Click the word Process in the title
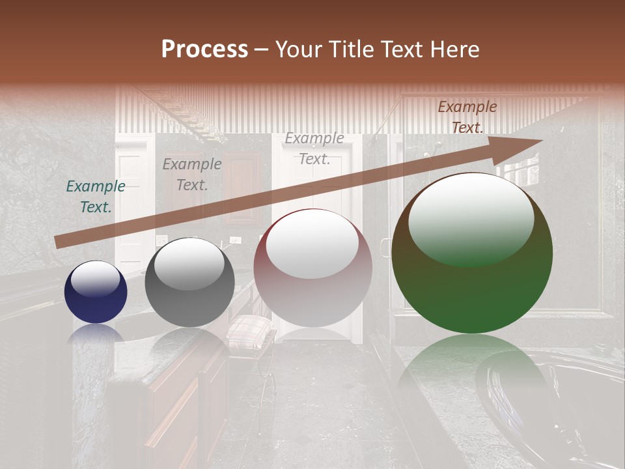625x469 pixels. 204,50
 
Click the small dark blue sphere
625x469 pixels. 96,292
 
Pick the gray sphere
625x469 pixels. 189,282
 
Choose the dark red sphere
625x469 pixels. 312,268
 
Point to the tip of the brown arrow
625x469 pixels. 540,141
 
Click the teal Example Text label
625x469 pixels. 96,197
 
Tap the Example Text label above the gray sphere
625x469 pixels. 191,175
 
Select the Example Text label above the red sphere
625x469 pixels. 314,149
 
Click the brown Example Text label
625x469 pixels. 467,117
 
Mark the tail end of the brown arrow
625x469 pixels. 57,242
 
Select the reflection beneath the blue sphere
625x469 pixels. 96,333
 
